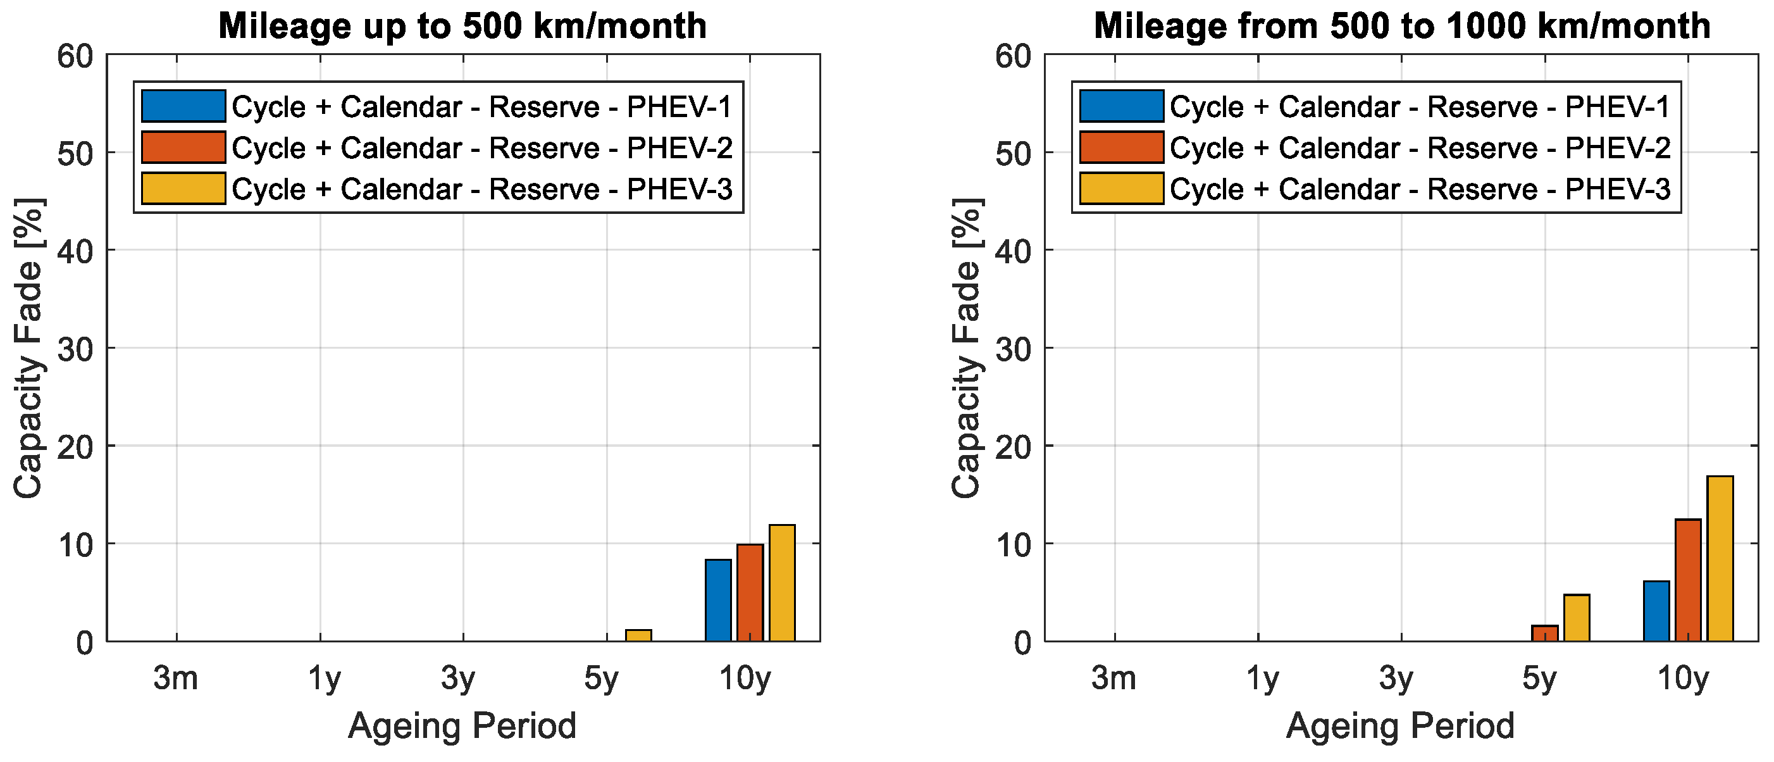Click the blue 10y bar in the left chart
pos(717,600)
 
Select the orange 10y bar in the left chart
pos(750,592)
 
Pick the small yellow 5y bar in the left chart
pos(638,635)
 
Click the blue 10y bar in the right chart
pos(1656,611)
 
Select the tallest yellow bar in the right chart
pos(1720,559)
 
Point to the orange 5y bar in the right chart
pos(1545,633)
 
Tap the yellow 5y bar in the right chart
pos(1577,618)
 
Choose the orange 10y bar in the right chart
pos(1688,580)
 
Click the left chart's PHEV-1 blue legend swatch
pos(183,106)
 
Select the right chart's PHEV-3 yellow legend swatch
pos(1121,189)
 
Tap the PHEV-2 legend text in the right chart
pos(1420,148)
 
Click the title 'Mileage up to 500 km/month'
pos(462,26)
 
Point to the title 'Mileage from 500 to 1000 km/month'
pos(1402,26)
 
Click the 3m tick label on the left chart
pos(176,678)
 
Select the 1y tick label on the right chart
pos(1262,679)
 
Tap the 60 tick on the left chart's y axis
pos(76,56)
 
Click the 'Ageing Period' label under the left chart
pos(462,726)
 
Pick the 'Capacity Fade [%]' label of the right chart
pos(967,348)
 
